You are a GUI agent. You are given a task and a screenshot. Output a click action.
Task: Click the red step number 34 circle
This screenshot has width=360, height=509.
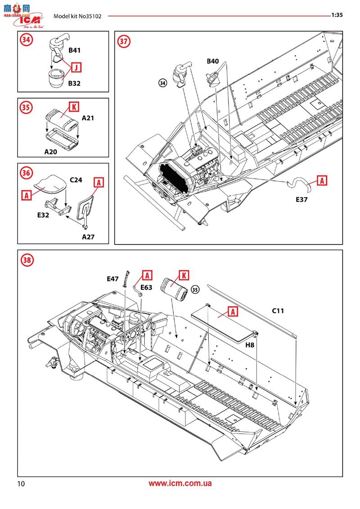tap(27, 40)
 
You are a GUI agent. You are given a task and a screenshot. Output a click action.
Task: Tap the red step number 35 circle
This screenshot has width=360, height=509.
tap(27, 108)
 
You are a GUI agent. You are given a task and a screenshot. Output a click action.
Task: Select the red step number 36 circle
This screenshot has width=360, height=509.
tap(27, 173)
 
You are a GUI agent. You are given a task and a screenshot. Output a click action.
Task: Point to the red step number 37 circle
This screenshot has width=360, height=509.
tap(124, 41)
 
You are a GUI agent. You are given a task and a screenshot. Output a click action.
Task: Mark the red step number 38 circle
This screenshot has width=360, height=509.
tap(27, 260)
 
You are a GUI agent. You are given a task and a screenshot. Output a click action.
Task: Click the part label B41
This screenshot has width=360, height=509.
tap(74, 50)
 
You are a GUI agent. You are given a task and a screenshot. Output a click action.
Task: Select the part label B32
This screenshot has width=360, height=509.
tap(74, 83)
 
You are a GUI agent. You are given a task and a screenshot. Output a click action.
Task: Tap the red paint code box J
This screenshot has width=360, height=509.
tap(76, 67)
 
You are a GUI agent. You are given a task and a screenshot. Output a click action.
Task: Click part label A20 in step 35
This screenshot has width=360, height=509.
tap(51, 152)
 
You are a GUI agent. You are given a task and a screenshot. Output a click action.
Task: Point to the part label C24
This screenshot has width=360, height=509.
tap(76, 180)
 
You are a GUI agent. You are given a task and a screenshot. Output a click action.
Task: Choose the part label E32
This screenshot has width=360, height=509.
tap(43, 215)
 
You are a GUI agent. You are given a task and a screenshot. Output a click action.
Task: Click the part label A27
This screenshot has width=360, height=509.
tap(88, 237)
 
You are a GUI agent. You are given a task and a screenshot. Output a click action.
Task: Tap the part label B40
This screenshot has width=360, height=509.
tap(212, 61)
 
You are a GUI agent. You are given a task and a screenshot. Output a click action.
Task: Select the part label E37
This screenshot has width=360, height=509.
tap(301, 200)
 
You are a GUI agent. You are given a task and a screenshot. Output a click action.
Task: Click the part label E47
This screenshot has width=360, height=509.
tap(112, 279)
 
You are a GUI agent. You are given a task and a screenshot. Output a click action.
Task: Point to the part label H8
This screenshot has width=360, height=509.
tap(250, 345)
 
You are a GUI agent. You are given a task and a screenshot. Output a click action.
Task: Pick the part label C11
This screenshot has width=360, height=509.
tap(278, 311)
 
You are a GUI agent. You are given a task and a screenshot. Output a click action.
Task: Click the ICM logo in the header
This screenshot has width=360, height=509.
tap(28, 20)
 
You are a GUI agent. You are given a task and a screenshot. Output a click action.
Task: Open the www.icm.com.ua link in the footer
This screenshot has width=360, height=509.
tap(180, 483)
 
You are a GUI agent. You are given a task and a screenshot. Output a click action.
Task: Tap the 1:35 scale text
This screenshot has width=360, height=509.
tap(337, 15)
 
